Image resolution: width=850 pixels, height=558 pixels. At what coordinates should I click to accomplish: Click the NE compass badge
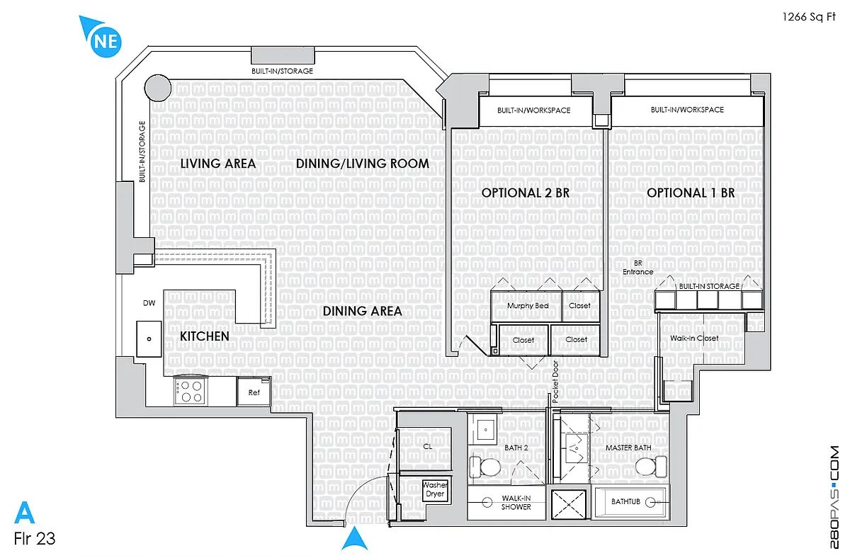[x=105, y=41]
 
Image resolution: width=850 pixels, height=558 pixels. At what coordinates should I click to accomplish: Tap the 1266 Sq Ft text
[x=809, y=17]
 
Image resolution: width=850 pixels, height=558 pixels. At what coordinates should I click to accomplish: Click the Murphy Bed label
[x=528, y=306]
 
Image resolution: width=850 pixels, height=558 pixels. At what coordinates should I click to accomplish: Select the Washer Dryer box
[x=435, y=490]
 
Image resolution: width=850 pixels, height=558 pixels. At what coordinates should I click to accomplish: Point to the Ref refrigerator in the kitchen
[x=254, y=392]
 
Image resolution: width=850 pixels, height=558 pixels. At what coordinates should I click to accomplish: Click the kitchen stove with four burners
[x=191, y=391]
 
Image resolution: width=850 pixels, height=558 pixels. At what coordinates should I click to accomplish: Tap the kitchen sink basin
[x=149, y=338]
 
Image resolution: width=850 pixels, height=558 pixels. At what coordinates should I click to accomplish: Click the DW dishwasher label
[x=149, y=303]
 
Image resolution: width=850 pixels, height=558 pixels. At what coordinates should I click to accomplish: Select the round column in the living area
[x=158, y=88]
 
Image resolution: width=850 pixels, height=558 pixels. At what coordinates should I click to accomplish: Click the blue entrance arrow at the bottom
[x=354, y=539]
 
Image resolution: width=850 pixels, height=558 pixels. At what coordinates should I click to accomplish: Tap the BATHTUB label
[x=625, y=501]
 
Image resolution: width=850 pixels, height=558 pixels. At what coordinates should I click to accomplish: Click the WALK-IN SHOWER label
[x=516, y=502]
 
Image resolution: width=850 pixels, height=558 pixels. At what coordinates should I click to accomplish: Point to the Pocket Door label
[x=555, y=382]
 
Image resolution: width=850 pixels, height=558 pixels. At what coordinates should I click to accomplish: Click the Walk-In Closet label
[x=694, y=338]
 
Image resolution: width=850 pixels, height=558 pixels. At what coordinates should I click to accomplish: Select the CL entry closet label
[x=428, y=447]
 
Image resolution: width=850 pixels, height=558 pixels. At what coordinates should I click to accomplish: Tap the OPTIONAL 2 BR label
[x=526, y=193]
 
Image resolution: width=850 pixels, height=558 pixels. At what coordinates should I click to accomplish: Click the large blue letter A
[x=25, y=512]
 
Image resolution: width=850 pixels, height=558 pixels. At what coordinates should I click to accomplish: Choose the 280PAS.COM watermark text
[x=834, y=497]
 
